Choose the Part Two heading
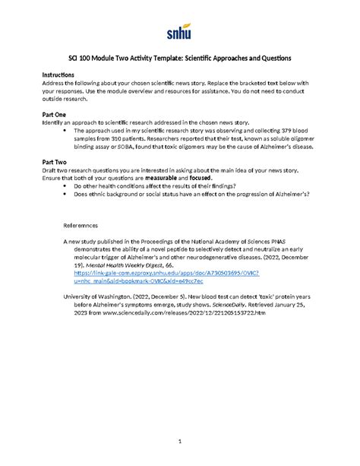pyautogui.click(x=52, y=161)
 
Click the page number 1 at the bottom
pyautogui.click(x=180, y=441)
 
